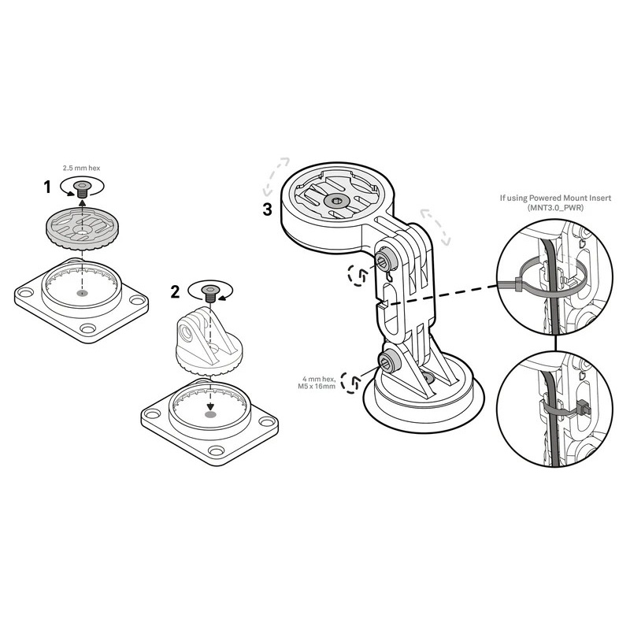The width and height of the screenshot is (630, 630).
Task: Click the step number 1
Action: click(x=47, y=187)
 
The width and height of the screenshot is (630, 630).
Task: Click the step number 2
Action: click(x=175, y=292)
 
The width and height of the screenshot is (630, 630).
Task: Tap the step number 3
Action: click(x=268, y=209)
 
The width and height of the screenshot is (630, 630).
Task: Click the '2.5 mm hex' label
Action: click(x=82, y=168)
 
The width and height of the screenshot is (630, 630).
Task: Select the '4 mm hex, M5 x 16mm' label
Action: click(x=319, y=383)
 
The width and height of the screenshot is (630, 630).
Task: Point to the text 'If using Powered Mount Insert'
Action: click(x=555, y=198)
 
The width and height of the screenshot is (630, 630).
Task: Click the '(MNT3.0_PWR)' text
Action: click(x=555, y=208)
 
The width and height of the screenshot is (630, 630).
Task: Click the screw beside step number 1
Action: click(x=83, y=188)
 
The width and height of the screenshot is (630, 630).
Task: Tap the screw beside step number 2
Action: click(x=210, y=294)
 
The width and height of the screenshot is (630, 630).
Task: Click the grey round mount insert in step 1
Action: click(x=83, y=228)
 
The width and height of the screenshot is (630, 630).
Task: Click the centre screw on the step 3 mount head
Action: click(x=334, y=201)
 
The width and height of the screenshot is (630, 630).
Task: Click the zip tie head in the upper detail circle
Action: click(x=518, y=284)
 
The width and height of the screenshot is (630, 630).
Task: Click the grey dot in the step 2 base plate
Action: click(x=210, y=414)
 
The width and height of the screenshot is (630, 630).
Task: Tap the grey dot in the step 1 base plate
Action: click(x=82, y=292)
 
